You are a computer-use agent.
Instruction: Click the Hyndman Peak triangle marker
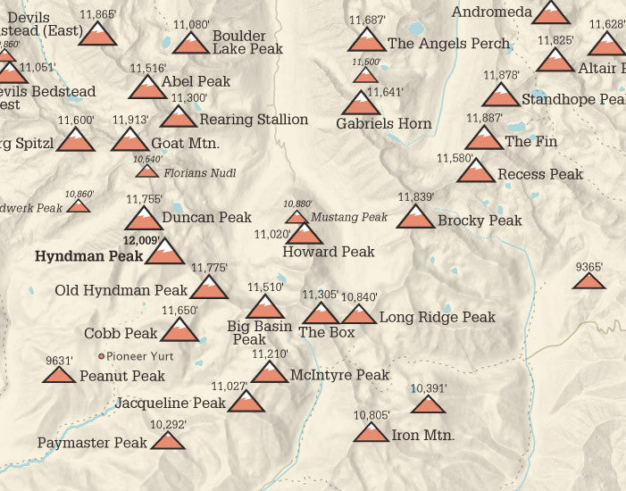tap(164, 254)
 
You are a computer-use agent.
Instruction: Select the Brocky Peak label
tap(480, 221)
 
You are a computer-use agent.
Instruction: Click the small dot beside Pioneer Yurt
tap(101, 355)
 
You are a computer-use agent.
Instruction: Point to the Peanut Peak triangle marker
tap(58, 373)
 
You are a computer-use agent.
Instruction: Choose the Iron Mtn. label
tap(423, 436)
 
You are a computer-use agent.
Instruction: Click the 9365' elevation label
tap(589, 267)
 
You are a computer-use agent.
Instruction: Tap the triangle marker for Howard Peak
tap(305, 234)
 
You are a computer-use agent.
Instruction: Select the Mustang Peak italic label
tap(349, 217)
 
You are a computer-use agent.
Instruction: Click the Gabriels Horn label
tap(384, 124)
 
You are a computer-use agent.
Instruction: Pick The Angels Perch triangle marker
tap(366, 40)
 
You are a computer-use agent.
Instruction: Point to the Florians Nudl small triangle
tap(146, 171)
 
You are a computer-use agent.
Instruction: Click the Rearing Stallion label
tap(254, 120)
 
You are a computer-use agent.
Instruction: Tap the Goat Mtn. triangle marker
tap(129, 140)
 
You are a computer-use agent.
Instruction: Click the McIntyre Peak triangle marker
tap(269, 372)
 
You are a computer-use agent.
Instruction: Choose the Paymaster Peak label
tap(92, 443)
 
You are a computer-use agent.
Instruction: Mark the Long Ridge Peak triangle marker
tap(359, 314)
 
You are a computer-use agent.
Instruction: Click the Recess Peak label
tap(540, 174)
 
